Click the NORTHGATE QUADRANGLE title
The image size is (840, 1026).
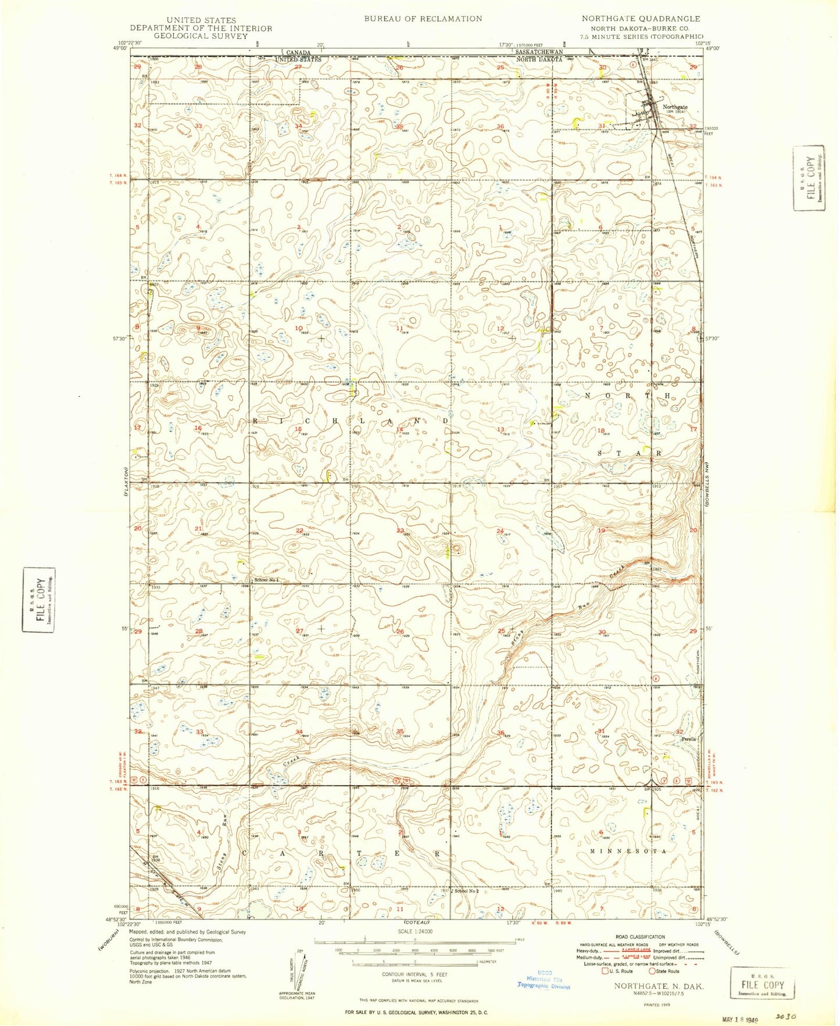641,19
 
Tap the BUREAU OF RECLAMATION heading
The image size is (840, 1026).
423,19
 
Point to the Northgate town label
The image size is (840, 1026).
675,107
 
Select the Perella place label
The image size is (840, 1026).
689,739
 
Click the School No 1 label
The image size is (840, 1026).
266,580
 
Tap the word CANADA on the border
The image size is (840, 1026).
298,52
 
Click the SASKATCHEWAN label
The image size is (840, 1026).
539,52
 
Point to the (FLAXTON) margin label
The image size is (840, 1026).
125,482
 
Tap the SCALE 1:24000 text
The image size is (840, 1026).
415,931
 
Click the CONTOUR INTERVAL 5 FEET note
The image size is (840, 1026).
414,974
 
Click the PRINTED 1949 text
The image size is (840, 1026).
659,1004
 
